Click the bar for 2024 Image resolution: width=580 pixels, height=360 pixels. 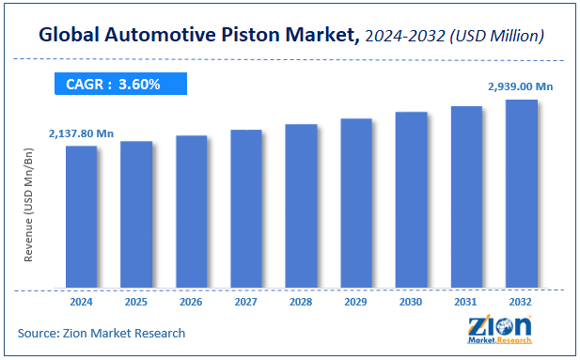(x=81, y=216)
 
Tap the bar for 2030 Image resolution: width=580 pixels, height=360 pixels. (x=411, y=199)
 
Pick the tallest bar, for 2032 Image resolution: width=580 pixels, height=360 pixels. (x=521, y=193)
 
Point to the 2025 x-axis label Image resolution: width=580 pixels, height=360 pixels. (x=135, y=303)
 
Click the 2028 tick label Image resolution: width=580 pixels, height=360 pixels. (x=301, y=303)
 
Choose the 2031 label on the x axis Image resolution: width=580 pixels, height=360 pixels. (x=466, y=303)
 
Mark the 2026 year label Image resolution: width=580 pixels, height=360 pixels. (x=191, y=303)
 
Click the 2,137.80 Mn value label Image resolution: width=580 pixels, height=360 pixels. (x=82, y=134)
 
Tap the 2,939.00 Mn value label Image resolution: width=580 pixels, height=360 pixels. (x=521, y=86)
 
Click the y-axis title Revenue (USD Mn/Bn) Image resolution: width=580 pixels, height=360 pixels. (x=31, y=217)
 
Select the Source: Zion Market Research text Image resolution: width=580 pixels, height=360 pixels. (x=102, y=333)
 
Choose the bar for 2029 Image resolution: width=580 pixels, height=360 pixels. (x=356, y=202)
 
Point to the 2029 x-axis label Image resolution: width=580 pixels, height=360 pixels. (x=356, y=303)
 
